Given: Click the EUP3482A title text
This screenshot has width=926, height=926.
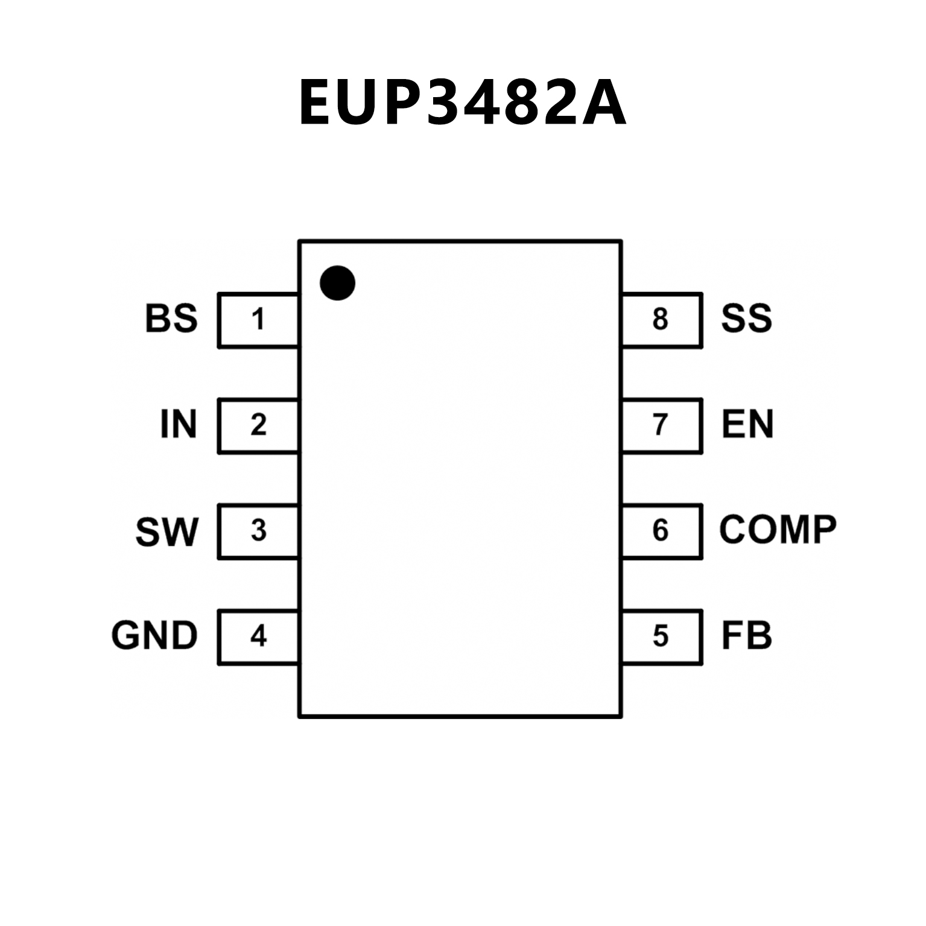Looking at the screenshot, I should [462, 103].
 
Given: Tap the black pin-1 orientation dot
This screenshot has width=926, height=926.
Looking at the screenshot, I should [337, 283].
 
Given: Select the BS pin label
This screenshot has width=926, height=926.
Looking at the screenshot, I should [171, 319].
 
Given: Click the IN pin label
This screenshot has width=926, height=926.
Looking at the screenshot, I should [179, 424].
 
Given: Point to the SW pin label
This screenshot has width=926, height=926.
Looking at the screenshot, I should [166, 531].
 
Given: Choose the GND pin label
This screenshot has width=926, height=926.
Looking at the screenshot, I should [154, 636].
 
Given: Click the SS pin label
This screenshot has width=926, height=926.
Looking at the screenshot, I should [746, 319].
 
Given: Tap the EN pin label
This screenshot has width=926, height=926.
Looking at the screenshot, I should [747, 424].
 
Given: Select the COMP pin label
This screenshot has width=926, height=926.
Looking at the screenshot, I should [778, 530].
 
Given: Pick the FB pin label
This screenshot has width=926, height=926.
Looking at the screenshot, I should [746, 636].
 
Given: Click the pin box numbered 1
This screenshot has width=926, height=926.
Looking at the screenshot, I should [258, 320].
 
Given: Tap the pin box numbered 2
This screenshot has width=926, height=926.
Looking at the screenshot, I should [258, 425].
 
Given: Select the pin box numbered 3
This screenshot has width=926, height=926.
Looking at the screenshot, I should [258, 531].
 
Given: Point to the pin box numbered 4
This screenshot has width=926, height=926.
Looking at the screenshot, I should [258, 636].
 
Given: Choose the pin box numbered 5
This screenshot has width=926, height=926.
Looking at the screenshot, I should [661, 636].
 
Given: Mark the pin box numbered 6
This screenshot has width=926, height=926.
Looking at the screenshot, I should [661, 531].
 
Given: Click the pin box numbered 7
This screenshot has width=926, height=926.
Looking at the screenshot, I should [661, 425].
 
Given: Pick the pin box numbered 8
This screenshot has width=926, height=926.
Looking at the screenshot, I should [661, 320].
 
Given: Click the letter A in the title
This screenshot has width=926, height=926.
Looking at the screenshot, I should [603, 103].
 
